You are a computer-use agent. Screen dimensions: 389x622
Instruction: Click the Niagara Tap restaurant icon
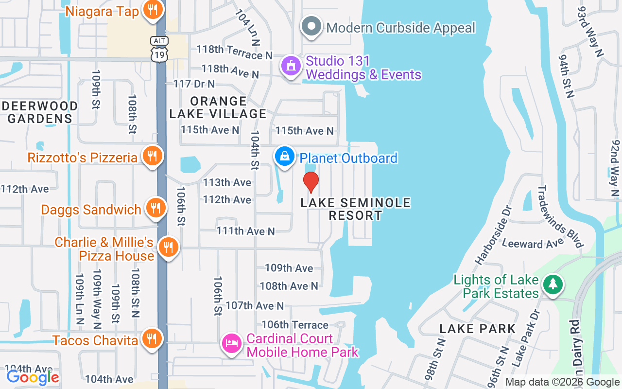click(152, 11)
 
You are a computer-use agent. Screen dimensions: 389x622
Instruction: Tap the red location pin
click(311, 182)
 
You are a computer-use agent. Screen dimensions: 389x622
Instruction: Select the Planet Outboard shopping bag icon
click(284, 157)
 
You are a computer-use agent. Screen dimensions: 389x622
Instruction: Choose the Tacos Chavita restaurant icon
click(152, 339)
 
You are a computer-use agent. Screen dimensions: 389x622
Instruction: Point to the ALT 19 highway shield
click(159, 49)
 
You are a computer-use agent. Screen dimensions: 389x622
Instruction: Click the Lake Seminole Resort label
click(356, 209)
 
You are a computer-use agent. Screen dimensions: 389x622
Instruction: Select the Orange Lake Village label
click(218, 107)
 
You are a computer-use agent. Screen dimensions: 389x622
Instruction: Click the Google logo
click(33, 377)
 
